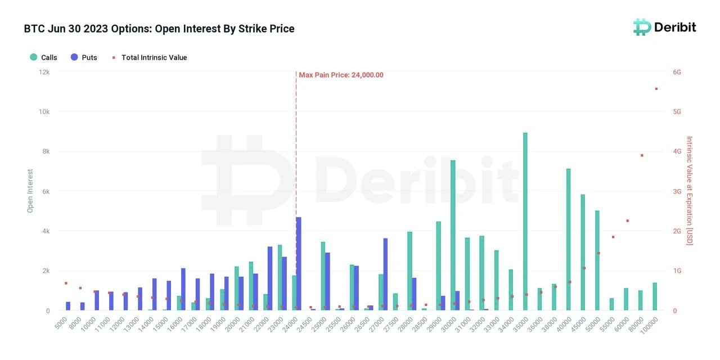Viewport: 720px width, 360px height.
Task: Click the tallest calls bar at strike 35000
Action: coord(525,222)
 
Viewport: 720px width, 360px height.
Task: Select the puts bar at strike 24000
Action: coord(298,264)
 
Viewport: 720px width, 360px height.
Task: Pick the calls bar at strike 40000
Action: coord(568,240)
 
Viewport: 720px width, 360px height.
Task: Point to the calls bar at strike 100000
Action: coord(655,296)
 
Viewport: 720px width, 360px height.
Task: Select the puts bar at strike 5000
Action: coord(68,306)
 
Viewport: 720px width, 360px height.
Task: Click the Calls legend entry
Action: coord(43,57)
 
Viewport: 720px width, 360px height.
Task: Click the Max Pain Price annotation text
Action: coord(341,75)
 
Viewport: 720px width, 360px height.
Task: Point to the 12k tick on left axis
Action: coord(44,72)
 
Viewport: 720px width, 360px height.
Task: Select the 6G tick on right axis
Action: coord(677,72)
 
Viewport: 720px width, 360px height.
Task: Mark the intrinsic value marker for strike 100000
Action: coord(656,89)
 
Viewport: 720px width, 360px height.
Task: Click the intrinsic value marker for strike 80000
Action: coord(641,155)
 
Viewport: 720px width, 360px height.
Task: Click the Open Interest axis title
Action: coord(30,191)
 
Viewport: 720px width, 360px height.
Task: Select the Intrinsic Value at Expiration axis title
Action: coord(690,191)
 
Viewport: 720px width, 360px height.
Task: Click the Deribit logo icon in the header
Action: coord(642,27)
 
